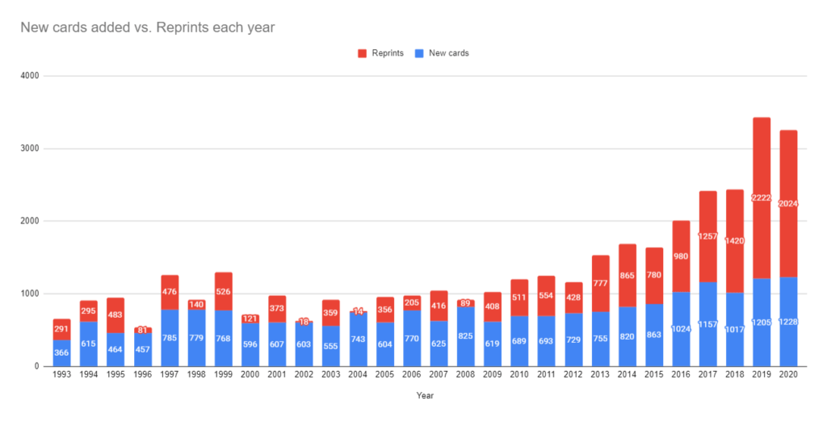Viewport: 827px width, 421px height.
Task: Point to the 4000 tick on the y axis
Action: pos(31,76)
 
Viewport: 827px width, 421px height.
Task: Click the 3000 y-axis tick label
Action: pos(31,148)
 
